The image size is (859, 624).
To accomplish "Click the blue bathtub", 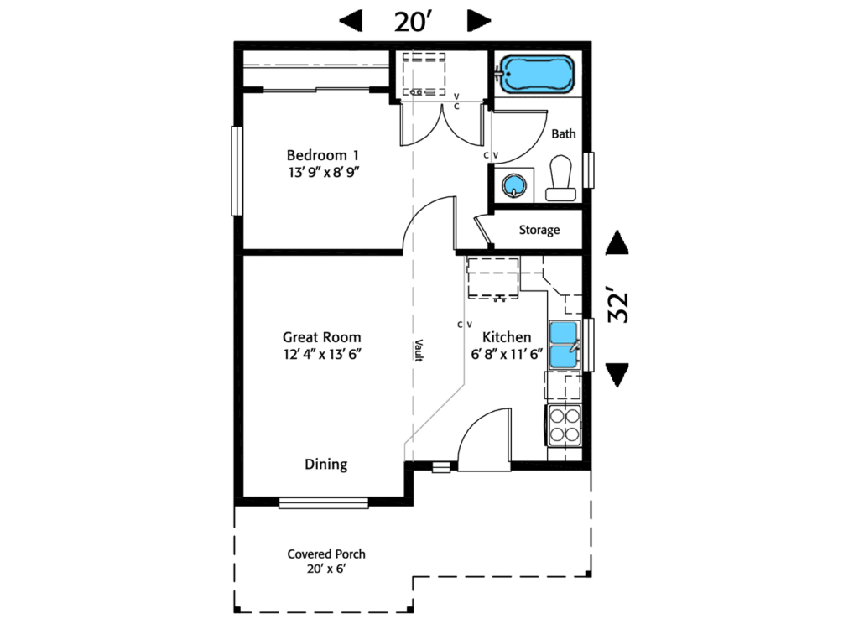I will coord(537,75).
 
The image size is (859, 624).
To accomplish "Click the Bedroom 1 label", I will coord(323,156).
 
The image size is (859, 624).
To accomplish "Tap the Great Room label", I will coord(321,337).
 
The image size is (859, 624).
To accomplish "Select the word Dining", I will coord(325,465).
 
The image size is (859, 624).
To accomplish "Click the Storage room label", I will coord(539,230).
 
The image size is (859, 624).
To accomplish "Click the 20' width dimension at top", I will coord(413,21).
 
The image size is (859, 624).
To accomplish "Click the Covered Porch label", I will coord(326,554).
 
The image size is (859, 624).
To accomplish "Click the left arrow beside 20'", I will coord(351,21).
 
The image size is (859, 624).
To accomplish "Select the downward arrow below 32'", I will coord(617,375).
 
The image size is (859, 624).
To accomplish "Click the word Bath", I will coord(563,133).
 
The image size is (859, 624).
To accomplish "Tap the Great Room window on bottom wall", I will coord(324,503).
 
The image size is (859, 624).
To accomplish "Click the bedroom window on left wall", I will coord(237,170).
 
